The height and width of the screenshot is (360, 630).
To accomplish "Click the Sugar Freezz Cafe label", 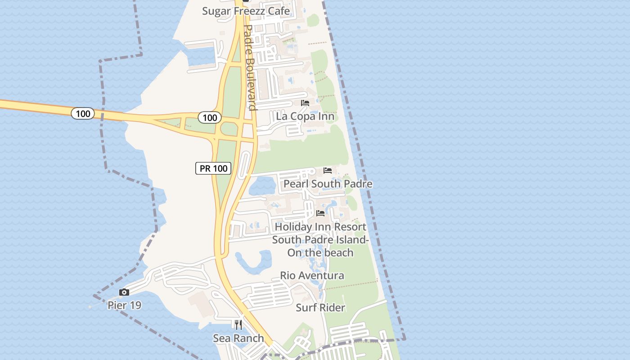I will pos(246,11).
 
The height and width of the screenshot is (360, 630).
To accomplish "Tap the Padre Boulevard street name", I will pos(249,67).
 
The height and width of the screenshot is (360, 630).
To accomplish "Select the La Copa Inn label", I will pos(305,117).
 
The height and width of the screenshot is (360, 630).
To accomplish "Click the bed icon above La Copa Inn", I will pos(305,103).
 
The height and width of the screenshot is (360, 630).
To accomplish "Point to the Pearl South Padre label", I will pos(328,184).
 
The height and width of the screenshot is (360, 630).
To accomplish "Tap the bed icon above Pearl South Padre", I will pos(328,171).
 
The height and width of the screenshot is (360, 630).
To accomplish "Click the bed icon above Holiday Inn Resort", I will pos(320,213).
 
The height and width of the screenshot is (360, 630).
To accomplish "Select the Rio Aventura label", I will pos(312,275).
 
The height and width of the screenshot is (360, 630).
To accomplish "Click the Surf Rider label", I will pos(320,308).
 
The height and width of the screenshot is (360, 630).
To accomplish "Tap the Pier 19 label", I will pos(124,306).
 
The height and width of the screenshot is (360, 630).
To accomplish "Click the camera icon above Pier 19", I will pos(124,292).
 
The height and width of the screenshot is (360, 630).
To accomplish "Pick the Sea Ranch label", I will pos(238,338).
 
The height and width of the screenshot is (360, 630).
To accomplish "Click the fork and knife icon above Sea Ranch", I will pos(238,324).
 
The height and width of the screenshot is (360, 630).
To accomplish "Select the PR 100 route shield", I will pos(213,168).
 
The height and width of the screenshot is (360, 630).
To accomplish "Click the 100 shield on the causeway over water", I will pos(83,113).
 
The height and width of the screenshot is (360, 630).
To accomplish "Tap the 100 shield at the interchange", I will pos(210,118).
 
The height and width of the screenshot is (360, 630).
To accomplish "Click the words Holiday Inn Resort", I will pos(320,227).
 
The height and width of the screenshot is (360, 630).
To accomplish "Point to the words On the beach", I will pos(320,253).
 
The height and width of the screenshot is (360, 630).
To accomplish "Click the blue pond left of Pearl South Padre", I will pos(262,185).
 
